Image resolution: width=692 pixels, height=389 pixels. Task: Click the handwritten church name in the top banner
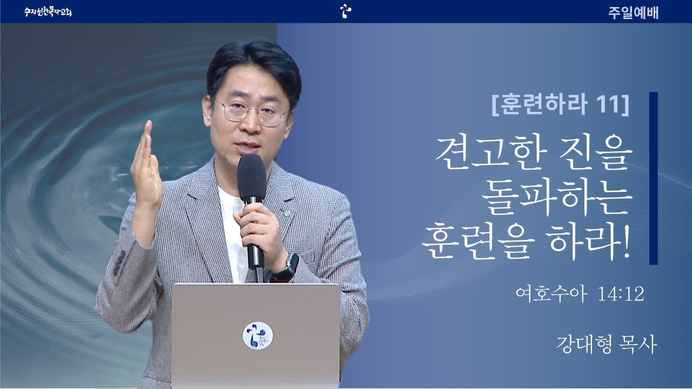[x=48, y=12]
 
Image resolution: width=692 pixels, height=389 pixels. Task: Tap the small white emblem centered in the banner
[x=345, y=11]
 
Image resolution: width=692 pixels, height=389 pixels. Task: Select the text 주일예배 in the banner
[x=633, y=12]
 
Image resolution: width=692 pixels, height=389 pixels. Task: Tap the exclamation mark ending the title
[x=626, y=242]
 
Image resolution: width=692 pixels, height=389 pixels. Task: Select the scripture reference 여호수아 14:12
[x=580, y=293]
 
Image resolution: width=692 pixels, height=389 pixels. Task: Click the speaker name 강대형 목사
[x=606, y=345]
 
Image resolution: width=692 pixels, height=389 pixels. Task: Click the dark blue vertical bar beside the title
[x=654, y=178]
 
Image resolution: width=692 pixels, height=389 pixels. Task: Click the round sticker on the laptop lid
[x=258, y=336]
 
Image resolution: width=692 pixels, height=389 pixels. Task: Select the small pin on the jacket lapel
[x=287, y=213]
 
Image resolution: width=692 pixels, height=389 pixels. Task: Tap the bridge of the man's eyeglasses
[x=252, y=109]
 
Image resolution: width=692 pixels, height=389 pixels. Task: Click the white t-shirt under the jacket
[x=233, y=234]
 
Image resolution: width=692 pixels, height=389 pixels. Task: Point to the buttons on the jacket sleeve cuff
[x=119, y=263]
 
